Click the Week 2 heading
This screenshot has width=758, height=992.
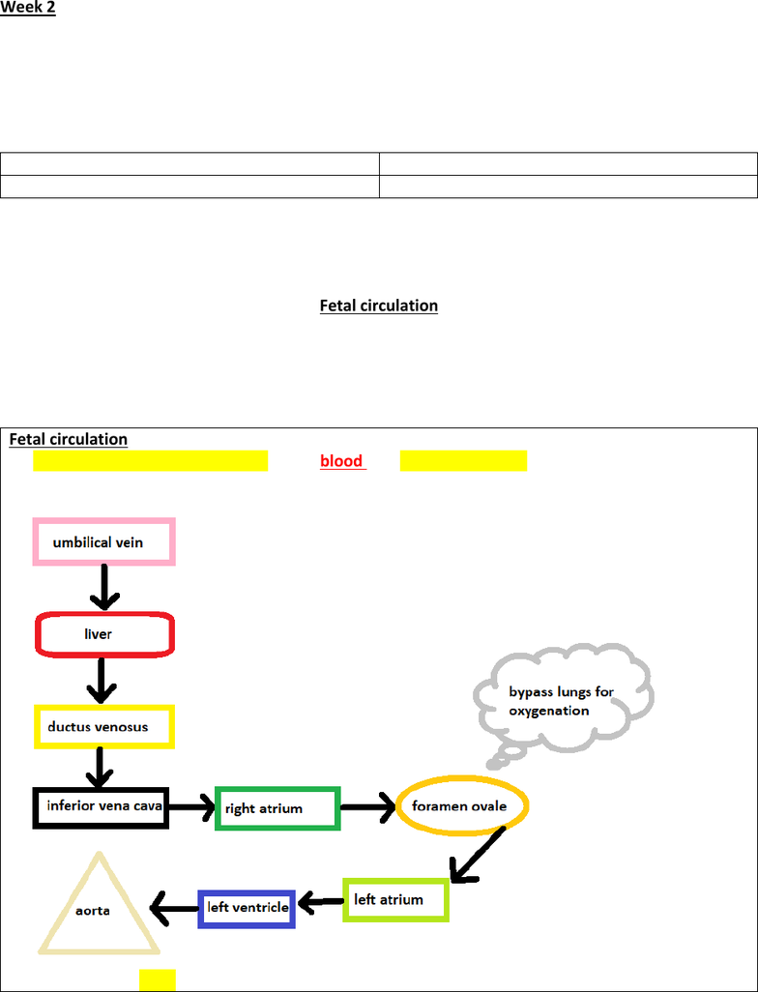(x=28, y=8)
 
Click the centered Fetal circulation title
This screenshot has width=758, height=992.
(x=378, y=306)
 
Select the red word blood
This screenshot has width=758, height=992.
(x=341, y=460)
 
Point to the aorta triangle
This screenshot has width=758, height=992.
(x=68, y=901)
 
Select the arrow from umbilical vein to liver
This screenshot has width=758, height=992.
(x=104, y=587)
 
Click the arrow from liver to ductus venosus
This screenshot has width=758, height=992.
(x=102, y=681)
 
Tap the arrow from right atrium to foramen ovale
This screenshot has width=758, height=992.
(x=368, y=807)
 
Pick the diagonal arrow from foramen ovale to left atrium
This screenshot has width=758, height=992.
(x=478, y=855)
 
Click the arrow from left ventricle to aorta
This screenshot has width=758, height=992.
(x=174, y=909)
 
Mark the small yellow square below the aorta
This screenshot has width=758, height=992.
(x=158, y=980)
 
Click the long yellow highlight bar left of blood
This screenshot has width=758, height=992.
(x=151, y=460)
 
